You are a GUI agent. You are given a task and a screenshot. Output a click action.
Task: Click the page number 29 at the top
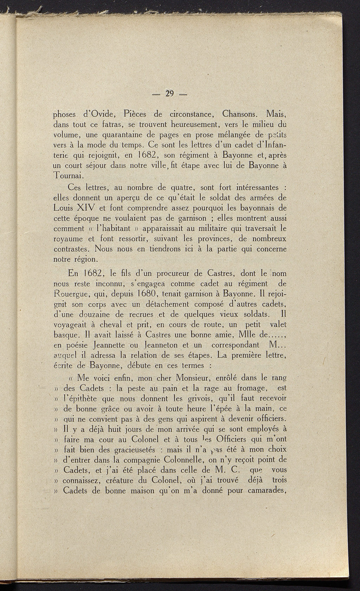(170, 94)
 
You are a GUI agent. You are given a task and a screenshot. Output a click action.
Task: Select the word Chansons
(240, 114)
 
